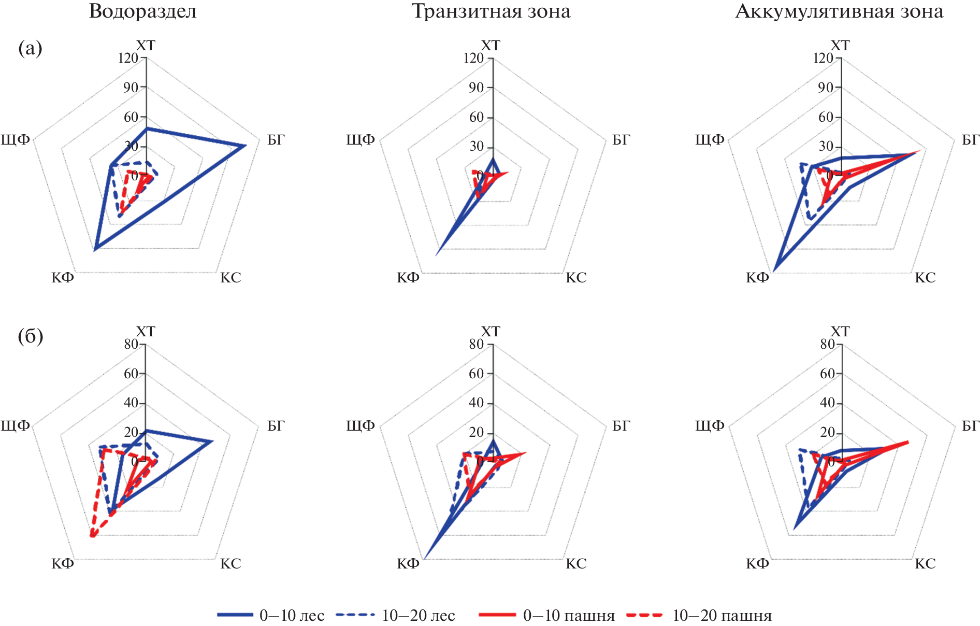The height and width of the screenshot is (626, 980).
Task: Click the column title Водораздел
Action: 143,11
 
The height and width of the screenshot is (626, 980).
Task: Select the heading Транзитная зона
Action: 491,11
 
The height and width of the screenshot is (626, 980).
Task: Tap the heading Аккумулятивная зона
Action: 839,11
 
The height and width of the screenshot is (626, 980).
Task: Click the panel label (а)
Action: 30,48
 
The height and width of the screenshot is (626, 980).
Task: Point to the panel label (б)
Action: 30,336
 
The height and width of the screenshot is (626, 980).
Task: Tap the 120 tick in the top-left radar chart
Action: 128,58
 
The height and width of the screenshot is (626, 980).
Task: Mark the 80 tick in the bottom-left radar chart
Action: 131,344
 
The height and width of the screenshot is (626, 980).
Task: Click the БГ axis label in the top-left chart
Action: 276,140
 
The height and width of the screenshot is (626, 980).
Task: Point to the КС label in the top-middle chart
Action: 576,278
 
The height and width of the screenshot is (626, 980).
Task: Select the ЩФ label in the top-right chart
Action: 710,140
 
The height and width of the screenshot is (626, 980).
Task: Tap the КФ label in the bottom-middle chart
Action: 408,564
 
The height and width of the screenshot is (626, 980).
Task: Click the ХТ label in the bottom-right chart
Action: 840,332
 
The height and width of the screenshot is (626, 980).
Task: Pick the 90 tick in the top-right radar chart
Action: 826,88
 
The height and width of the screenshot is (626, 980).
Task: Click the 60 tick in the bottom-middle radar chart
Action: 476,374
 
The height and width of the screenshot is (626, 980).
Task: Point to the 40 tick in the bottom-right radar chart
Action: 827,403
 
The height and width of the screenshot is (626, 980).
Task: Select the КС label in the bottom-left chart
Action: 230,564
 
